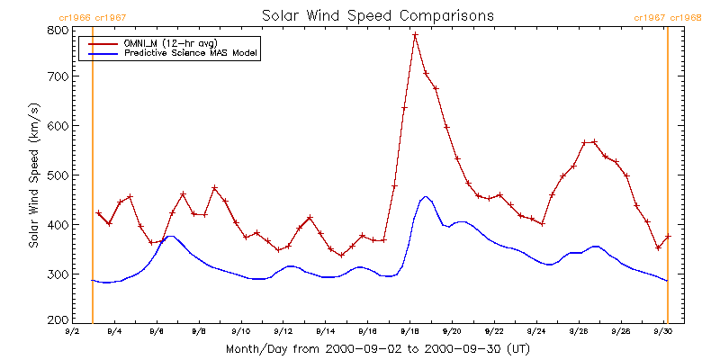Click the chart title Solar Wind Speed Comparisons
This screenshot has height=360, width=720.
[377, 16]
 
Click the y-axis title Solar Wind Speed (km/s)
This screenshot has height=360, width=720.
[33, 175]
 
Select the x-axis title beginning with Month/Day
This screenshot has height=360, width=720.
[371, 348]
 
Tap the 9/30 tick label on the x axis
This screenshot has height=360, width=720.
[663, 330]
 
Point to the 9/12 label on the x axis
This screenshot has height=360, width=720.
[283, 330]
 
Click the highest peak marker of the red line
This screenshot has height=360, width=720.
[415, 35]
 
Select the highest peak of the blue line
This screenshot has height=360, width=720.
[426, 196]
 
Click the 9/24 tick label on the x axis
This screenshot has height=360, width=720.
[536, 330]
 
